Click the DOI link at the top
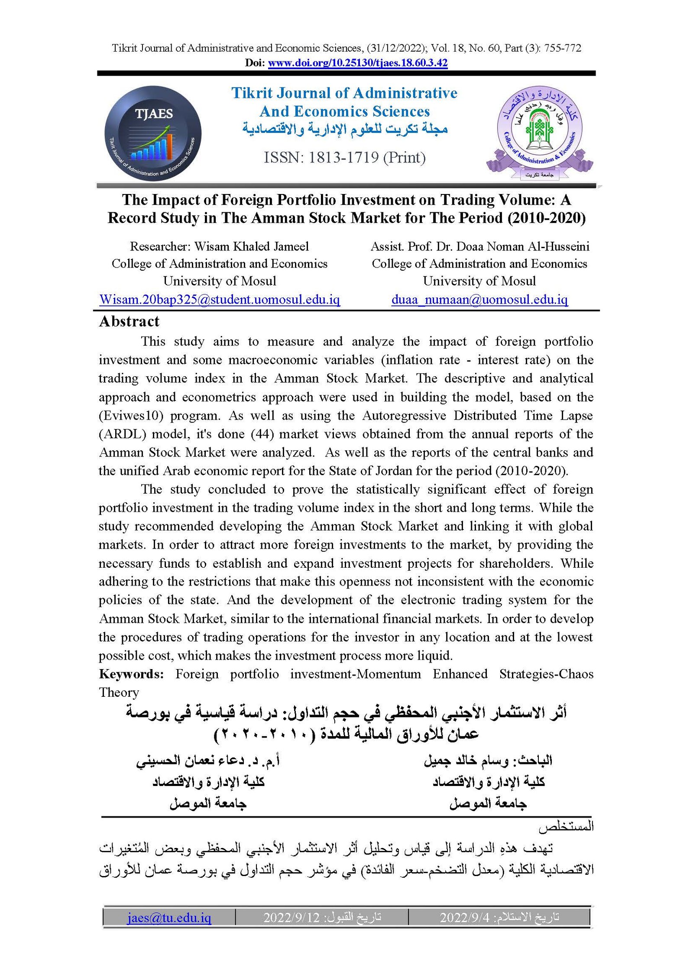click(357, 63)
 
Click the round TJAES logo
click(153, 133)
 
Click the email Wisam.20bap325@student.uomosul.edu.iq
click(220, 300)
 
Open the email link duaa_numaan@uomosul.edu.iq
click(479, 300)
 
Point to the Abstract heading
click(129, 321)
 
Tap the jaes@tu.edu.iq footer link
click(169, 918)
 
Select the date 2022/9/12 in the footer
click(291, 918)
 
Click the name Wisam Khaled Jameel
click(251, 246)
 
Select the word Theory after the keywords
click(119, 692)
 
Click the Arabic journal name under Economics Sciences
click(344, 129)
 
